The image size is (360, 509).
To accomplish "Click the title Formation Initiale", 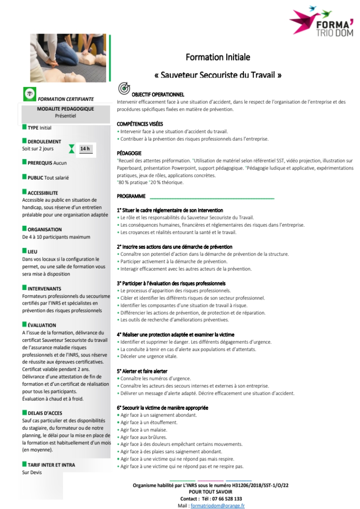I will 218,57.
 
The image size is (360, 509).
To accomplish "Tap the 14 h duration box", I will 85,148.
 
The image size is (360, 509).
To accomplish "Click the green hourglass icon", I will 71,148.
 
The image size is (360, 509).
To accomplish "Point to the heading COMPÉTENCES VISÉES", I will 140,124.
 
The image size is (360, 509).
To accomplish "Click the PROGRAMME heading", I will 131,196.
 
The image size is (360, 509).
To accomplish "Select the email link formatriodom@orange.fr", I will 218,505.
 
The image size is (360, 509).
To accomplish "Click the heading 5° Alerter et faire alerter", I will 142,371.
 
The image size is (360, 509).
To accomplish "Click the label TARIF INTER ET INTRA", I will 51,465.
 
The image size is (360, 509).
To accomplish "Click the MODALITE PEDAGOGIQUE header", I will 65,109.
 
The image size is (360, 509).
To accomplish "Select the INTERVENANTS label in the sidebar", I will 44,288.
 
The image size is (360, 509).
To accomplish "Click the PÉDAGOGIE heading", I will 129,153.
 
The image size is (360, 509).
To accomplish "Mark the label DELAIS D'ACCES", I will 45,413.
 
